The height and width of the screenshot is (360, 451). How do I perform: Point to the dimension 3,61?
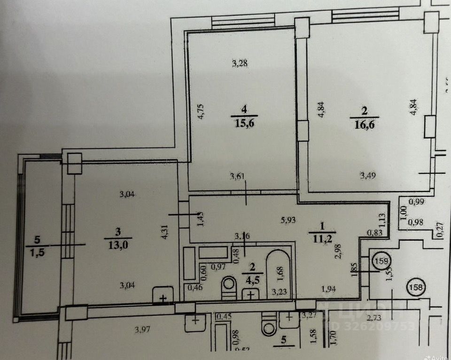pyautogui.click(x=238, y=177)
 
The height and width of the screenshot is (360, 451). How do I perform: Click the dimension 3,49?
pyautogui.click(x=368, y=176)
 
